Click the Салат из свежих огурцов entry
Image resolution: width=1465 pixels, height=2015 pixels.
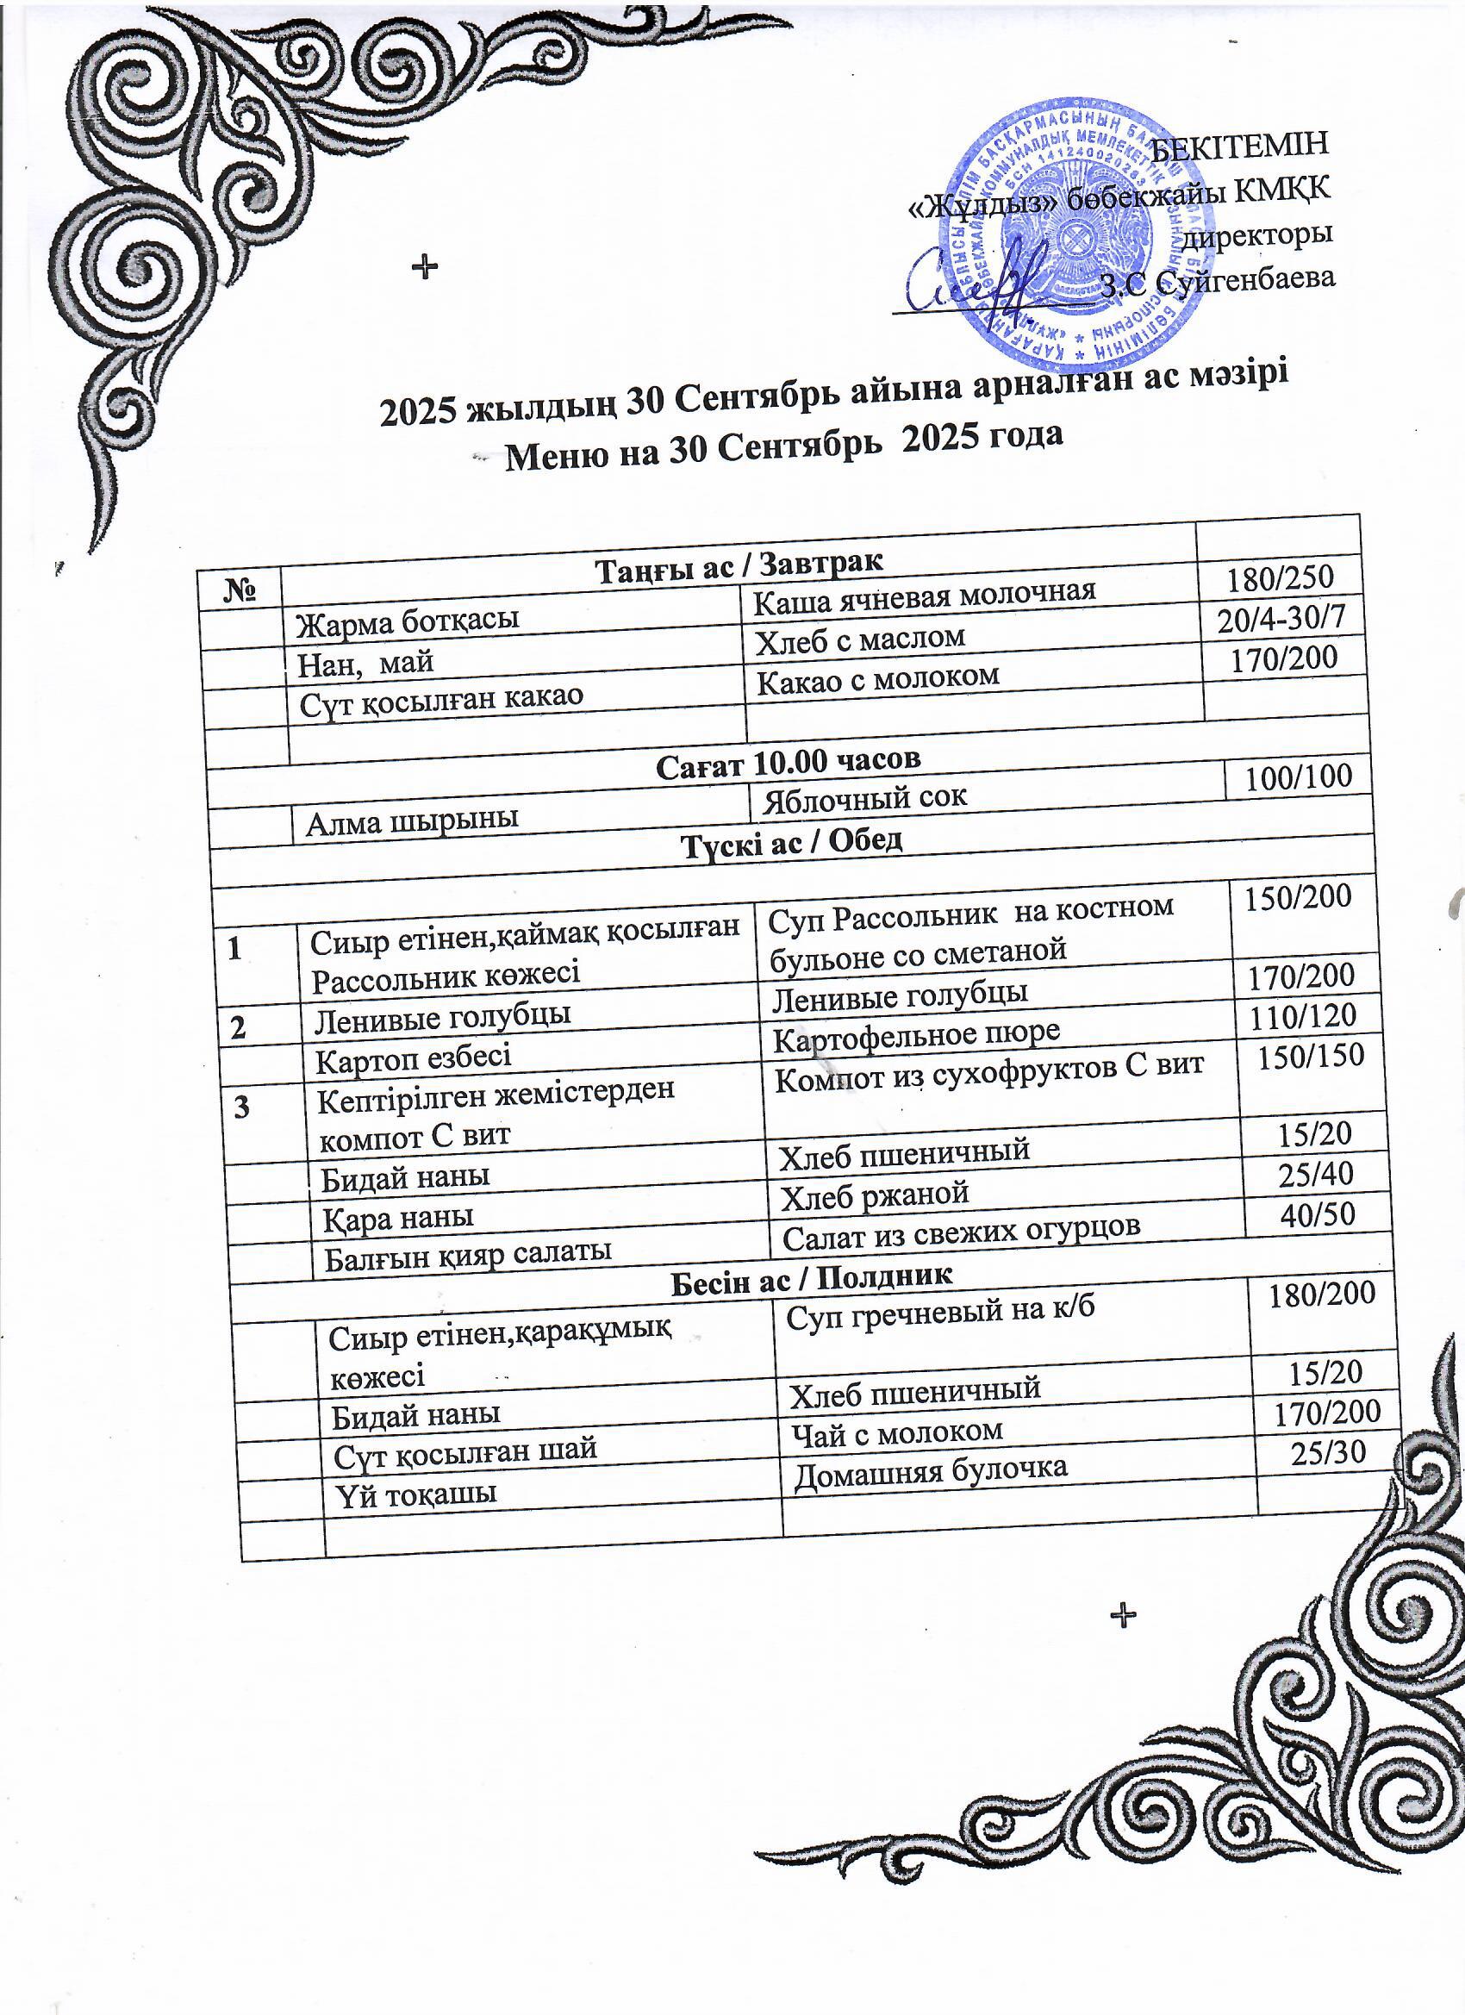[x=960, y=1232]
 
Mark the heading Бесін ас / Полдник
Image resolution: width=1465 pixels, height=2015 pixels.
[x=810, y=1279]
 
